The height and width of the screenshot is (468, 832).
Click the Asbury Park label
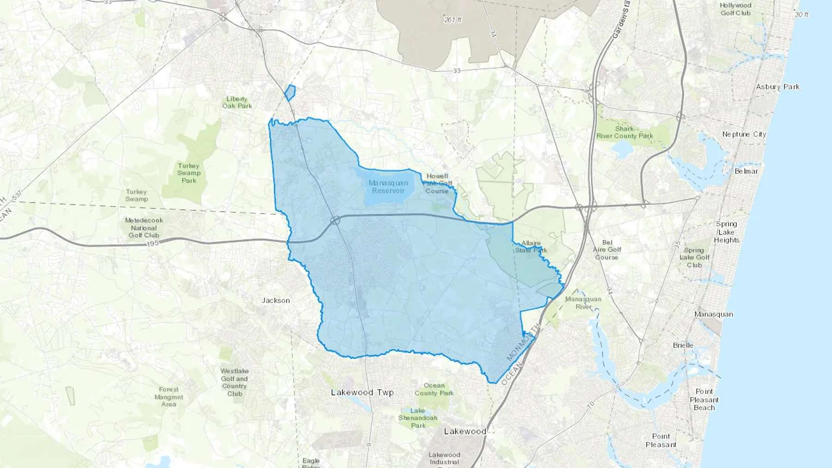[x=777, y=87]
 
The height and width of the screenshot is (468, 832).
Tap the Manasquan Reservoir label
[x=388, y=187]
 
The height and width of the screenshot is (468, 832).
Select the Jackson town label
[x=276, y=300]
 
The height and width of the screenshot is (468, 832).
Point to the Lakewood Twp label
[x=362, y=392]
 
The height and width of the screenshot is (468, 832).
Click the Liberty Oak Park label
[x=237, y=102]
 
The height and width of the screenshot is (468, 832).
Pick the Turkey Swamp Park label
[x=189, y=173]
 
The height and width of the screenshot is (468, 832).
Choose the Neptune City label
[x=744, y=134]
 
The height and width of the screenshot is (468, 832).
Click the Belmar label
[x=746, y=171]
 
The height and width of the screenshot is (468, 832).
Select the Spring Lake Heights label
[x=727, y=232]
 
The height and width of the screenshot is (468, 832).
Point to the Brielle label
[x=683, y=345]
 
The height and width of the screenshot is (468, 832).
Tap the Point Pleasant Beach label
[x=704, y=400]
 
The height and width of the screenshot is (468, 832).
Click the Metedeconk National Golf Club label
[x=144, y=228]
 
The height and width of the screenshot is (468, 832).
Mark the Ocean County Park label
[x=434, y=389]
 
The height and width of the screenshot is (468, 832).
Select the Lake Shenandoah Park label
[x=418, y=418]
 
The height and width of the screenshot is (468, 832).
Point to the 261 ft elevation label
[x=453, y=20]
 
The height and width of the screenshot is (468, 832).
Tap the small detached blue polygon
[x=290, y=92]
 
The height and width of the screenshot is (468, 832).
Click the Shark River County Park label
[x=624, y=132]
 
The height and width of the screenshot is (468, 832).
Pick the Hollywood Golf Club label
[x=735, y=9]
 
